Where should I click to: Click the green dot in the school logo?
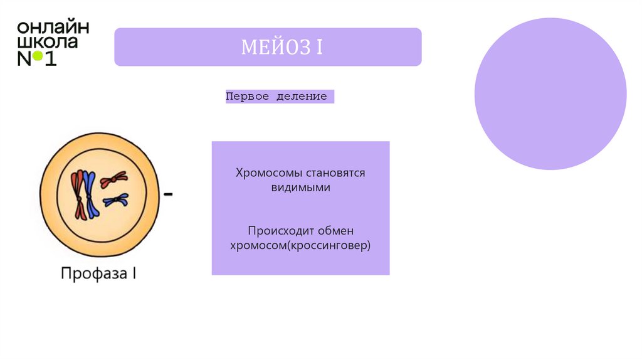(x=38, y=56)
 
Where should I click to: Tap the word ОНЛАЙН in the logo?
(x=53, y=28)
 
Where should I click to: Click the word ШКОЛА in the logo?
(x=48, y=43)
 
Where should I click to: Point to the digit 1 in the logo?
(x=51, y=59)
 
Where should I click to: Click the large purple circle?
(x=550, y=94)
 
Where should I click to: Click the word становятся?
(x=334, y=172)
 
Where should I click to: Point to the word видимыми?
(x=300, y=187)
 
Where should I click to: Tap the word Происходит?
(x=280, y=231)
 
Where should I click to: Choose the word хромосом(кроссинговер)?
(x=300, y=245)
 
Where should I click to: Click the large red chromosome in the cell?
(x=78, y=194)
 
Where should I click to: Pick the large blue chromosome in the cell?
(x=90, y=195)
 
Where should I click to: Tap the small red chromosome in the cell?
(x=112, y=180)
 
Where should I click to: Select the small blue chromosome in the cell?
(x=116, y=201)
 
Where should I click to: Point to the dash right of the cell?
(x=169, y=195)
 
